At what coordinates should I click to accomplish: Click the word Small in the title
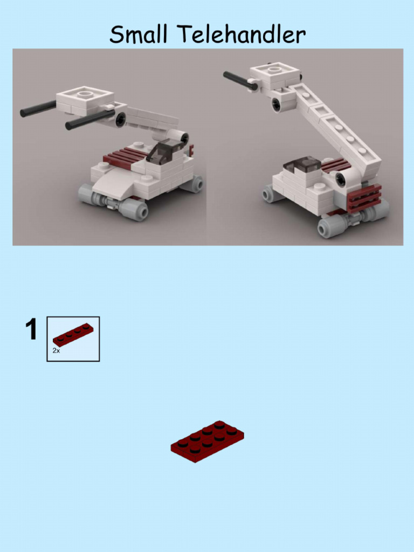tap(141, 35)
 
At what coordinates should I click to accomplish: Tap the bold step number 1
tap(32, 330)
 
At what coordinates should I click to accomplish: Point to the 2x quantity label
tap(56, 350)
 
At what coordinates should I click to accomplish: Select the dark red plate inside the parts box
tap(73, 334)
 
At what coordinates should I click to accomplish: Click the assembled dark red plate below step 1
tap(208, 441)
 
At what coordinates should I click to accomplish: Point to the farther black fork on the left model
tap(38, 109)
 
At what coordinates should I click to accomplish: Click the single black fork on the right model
tap(239, 80)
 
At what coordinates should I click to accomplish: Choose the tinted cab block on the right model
tap(303, 164)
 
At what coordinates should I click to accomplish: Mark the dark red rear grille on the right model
tap(364, 197)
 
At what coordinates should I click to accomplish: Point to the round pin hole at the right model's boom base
tap(341, 180)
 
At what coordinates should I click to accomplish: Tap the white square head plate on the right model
tap(274, 71)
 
